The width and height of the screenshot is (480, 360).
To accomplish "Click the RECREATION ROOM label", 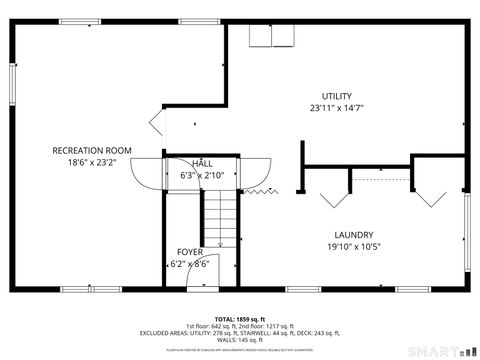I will click(92, 151).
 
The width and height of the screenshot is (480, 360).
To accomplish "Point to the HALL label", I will click(203, 163).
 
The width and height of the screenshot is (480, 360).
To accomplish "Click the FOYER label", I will click(190, 252).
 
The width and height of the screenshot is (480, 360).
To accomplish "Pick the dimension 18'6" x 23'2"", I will click(92, 163).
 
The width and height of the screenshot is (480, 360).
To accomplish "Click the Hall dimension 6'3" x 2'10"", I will click(203, 175).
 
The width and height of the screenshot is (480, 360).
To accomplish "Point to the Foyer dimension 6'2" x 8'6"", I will click(190, 264).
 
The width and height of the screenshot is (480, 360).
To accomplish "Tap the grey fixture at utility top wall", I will click(271, 36).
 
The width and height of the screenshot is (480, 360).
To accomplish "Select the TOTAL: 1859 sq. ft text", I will click(239, 319).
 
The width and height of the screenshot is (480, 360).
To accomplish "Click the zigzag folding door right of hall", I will click(260, 190).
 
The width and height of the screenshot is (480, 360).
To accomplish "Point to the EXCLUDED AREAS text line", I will click(240, 333).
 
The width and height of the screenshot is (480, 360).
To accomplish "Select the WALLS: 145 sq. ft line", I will click(240, 340).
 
